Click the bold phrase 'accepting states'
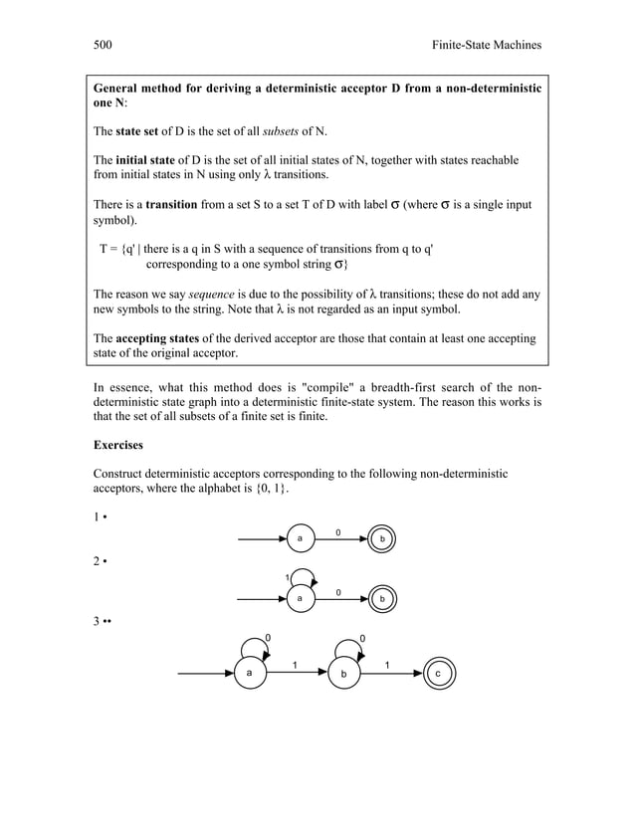pos(164,338)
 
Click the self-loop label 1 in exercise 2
pos(288,577)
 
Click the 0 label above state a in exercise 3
pos(266,637)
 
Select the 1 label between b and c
pos(387,664)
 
